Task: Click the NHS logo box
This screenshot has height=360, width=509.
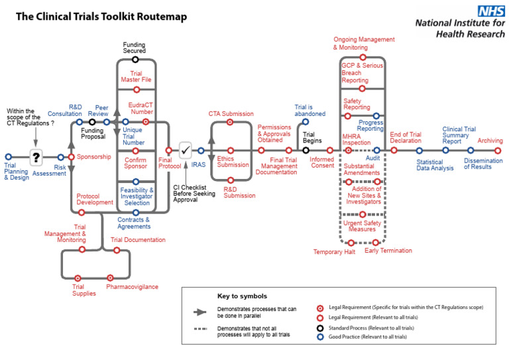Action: point(491,11)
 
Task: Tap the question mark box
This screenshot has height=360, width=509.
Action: point(36,157)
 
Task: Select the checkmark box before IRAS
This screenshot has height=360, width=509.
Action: point(186,150)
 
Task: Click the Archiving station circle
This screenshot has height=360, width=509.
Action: point(498,150)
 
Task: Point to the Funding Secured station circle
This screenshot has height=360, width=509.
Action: point(135,60)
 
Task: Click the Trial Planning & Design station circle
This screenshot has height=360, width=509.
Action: point(9,157)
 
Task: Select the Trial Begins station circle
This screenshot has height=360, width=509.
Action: point(306,150)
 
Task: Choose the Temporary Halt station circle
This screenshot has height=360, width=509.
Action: point(351,243)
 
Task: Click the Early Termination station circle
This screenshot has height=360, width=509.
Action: point(376,243)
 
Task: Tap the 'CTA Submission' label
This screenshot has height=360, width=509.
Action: point(231,114)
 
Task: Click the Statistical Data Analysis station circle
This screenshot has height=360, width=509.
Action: point(419,150)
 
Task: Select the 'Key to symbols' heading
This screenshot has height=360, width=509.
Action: point(242,296)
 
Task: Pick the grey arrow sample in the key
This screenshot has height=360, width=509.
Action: point(201,311)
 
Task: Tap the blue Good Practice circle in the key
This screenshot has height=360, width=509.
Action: point(320,337)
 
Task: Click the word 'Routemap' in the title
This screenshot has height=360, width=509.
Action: point(160,16)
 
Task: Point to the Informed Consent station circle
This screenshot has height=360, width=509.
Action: point(329,150)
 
